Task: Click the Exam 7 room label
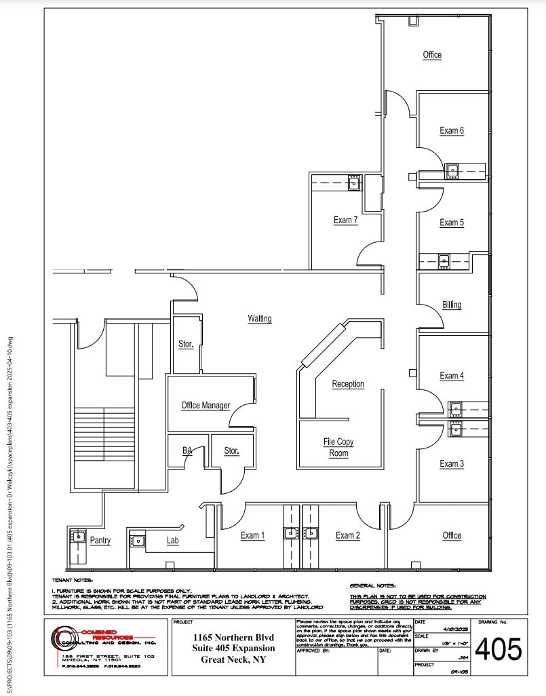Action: [345, 220]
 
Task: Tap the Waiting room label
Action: [259, 318]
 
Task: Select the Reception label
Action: [347, 384]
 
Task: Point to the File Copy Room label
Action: [338, 448]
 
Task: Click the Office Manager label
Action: [205, 406]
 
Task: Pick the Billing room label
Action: [452, 305]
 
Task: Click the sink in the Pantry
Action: [75, 537]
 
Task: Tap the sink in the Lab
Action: [138, 541]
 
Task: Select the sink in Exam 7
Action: [354, 182]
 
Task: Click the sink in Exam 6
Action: [452, 170]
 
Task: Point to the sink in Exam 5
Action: [444, 259]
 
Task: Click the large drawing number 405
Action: [499, 650]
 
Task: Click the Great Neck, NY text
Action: [233, 659]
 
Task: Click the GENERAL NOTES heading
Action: [372, 585]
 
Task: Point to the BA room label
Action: [187, 450]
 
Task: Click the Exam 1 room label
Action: [252, 536]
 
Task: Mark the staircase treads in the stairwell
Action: [94, 434]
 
